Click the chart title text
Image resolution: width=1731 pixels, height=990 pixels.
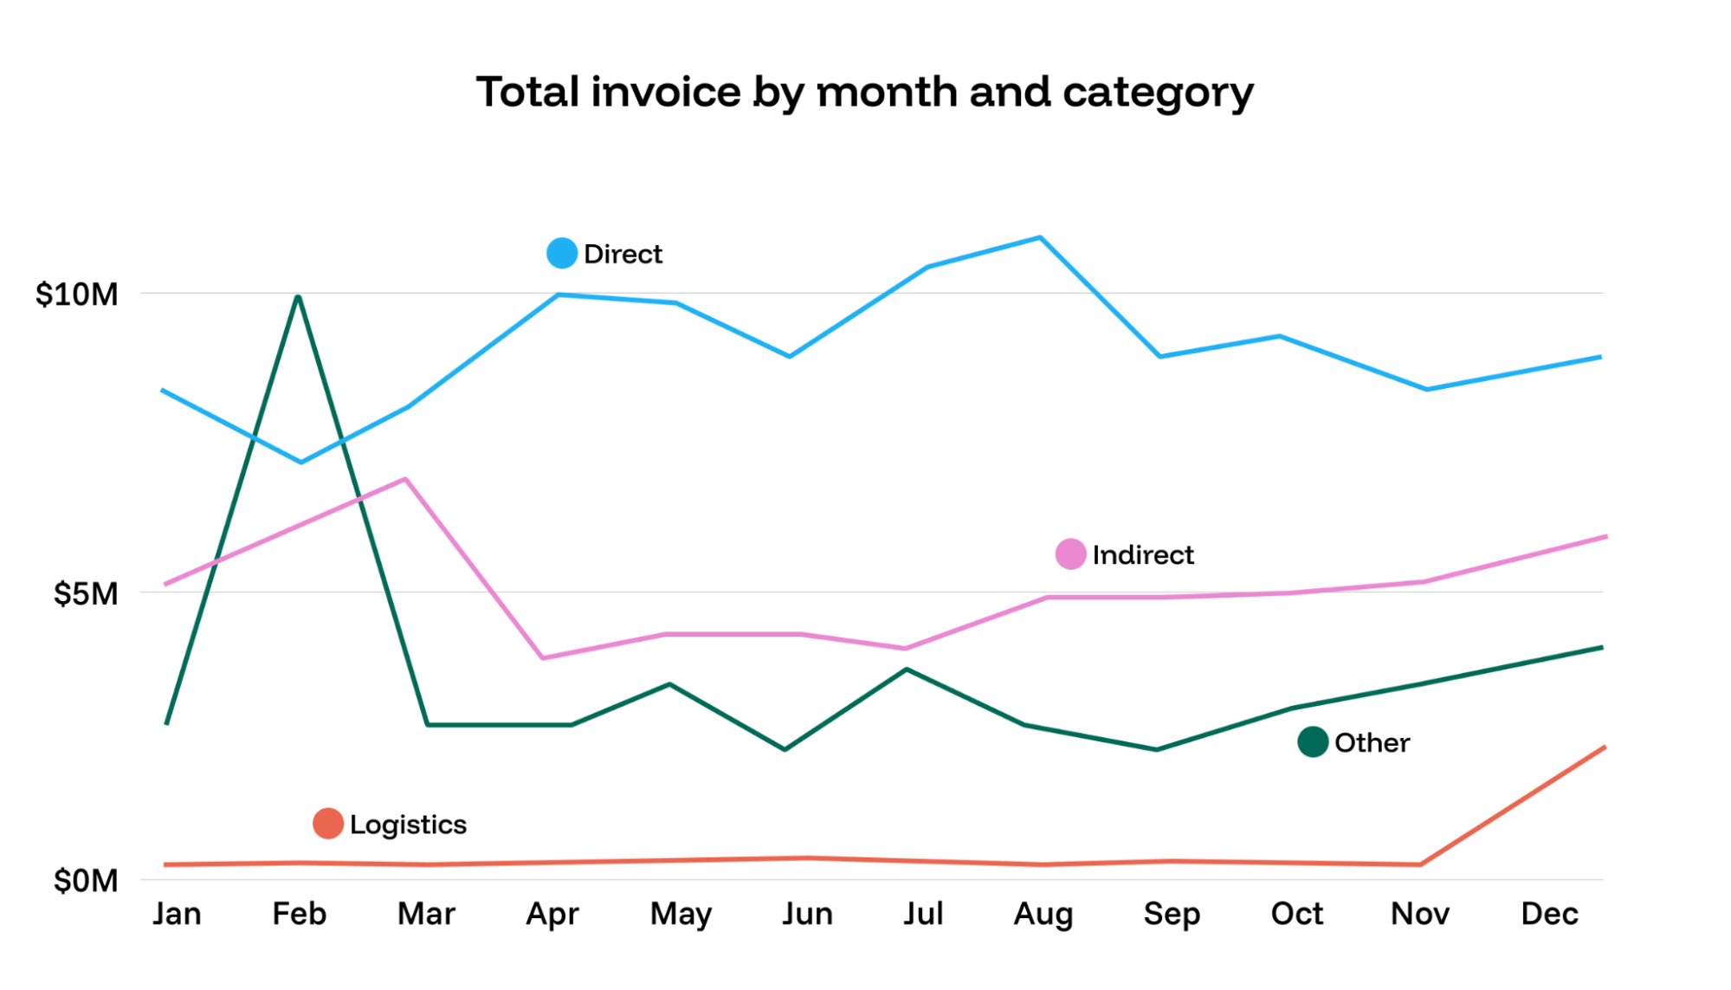click(864, 93)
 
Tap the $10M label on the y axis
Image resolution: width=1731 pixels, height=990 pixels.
click(76, 294)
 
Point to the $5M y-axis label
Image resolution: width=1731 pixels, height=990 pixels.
click(85, 594)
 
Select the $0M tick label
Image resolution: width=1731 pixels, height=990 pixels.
click(85, 881)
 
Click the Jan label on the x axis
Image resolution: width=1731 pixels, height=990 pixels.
click(177, 914)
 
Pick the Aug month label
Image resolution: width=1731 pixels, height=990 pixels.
click(1043, 914)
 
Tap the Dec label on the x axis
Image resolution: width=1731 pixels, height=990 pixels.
click(1549, 914)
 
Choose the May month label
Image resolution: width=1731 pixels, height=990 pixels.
click(681, 914)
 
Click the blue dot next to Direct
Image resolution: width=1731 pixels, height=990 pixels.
click(562, 253)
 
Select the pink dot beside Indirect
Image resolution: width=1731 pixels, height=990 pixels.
click(1070, 553)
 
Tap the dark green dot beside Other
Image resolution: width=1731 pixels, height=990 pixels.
click(1313, 741)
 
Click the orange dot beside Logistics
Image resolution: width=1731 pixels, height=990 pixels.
click(328, 823)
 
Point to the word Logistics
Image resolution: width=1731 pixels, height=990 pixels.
click(408, 825)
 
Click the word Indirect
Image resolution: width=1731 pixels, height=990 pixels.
click(1142, 554)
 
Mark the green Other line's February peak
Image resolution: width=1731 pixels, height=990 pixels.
click(298, 297)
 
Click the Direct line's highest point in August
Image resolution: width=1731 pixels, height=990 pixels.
click(1040, 237)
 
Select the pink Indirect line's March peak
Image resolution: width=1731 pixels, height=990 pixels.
click(405, 479)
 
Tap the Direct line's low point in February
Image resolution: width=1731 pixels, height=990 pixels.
click(300, 462)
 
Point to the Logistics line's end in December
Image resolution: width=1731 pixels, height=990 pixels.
click(1604, 747)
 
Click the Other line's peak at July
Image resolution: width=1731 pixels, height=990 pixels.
click(907, 669)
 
